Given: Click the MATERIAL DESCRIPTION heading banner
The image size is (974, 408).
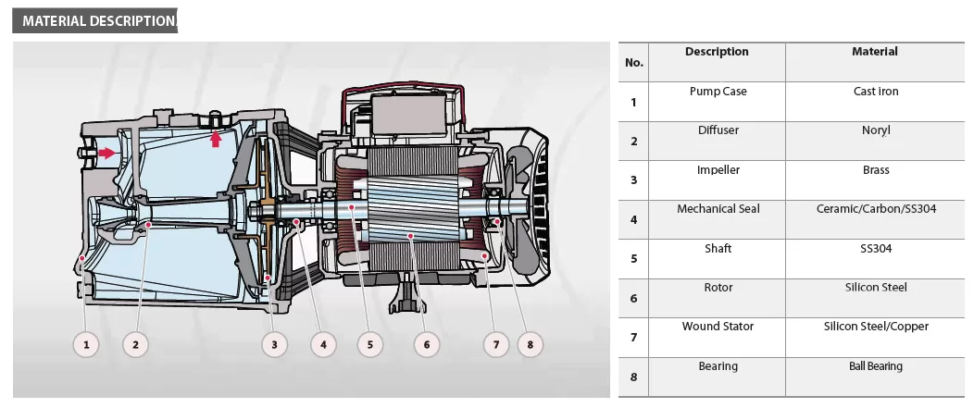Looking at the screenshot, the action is tap(95, 20).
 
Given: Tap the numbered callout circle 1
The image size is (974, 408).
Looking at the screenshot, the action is tap(86, 345).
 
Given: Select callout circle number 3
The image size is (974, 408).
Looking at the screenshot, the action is tap(275, 345).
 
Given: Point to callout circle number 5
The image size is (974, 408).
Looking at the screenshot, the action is tap(370, 345).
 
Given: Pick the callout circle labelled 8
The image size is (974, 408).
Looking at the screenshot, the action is tap(530, 345).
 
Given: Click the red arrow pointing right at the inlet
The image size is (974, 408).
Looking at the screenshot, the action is tap(106, 153).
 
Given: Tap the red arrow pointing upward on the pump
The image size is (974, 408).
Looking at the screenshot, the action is tap(216, 139).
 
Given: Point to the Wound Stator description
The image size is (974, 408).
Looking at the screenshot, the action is tap(718, 327).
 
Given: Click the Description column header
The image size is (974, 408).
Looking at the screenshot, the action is tap(717, 52).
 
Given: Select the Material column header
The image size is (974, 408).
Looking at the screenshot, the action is tap(875, 52).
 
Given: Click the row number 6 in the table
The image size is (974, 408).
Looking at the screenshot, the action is tap(633, 298).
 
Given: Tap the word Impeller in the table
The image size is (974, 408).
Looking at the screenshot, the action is tap(718, 170).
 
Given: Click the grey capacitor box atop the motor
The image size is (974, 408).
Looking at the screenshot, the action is tap(408, 112).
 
